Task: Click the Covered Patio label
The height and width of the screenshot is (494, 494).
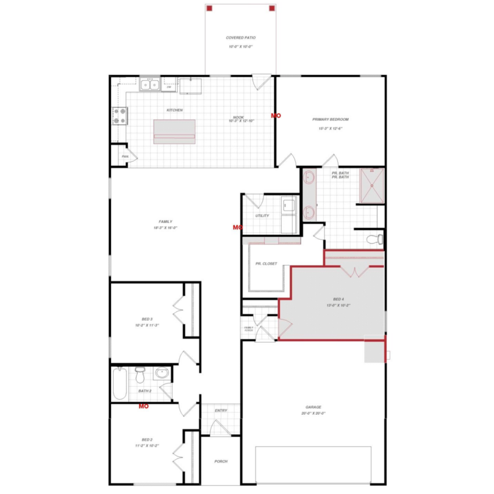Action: (241, 38)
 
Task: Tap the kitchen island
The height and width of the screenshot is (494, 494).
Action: (174, 131)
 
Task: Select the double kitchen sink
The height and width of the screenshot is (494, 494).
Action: (150, 85)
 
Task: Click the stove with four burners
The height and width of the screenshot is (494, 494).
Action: (120, 116)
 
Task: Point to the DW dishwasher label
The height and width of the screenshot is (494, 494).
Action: (169, 87)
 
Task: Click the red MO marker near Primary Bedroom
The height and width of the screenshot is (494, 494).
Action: (276, 116)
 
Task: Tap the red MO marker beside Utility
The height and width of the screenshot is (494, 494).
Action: (237, 227)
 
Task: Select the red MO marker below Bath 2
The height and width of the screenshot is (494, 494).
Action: (144, 406)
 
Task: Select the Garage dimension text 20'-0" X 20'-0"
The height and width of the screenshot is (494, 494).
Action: (313, 413)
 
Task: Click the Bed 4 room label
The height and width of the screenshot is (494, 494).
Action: (338, 299)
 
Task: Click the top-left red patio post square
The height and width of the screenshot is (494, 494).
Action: (209, 8)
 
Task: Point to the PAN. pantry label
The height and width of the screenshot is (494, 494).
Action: (125, 156)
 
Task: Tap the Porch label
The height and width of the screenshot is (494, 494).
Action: (221, 461)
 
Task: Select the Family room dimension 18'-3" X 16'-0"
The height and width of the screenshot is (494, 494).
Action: (165, 228)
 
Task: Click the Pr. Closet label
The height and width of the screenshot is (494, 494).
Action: (266, 263)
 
